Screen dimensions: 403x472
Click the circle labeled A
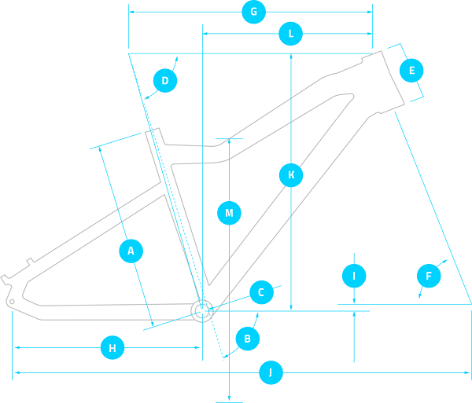point(131,251)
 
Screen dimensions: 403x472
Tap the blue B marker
point(248,339)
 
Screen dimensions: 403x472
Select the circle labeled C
point(261,292)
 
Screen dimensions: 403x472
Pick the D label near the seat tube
point(165,80)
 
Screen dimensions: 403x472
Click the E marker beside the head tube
point(410,70)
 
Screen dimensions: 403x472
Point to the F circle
point(429,276)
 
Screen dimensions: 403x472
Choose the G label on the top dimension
point(253,13)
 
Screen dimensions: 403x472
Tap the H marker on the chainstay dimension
point(112,347)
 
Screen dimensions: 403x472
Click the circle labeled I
point(355,276)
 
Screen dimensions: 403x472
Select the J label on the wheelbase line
point(270,372)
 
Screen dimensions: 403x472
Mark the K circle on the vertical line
point(291,174)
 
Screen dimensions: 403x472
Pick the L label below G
point(290,34)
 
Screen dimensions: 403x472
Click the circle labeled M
point(229,212)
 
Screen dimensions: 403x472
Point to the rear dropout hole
point(12,302)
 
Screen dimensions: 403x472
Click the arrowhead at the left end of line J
point(15,372)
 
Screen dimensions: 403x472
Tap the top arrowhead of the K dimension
point(291,57)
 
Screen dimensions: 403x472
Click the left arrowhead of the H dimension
point(15,347)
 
